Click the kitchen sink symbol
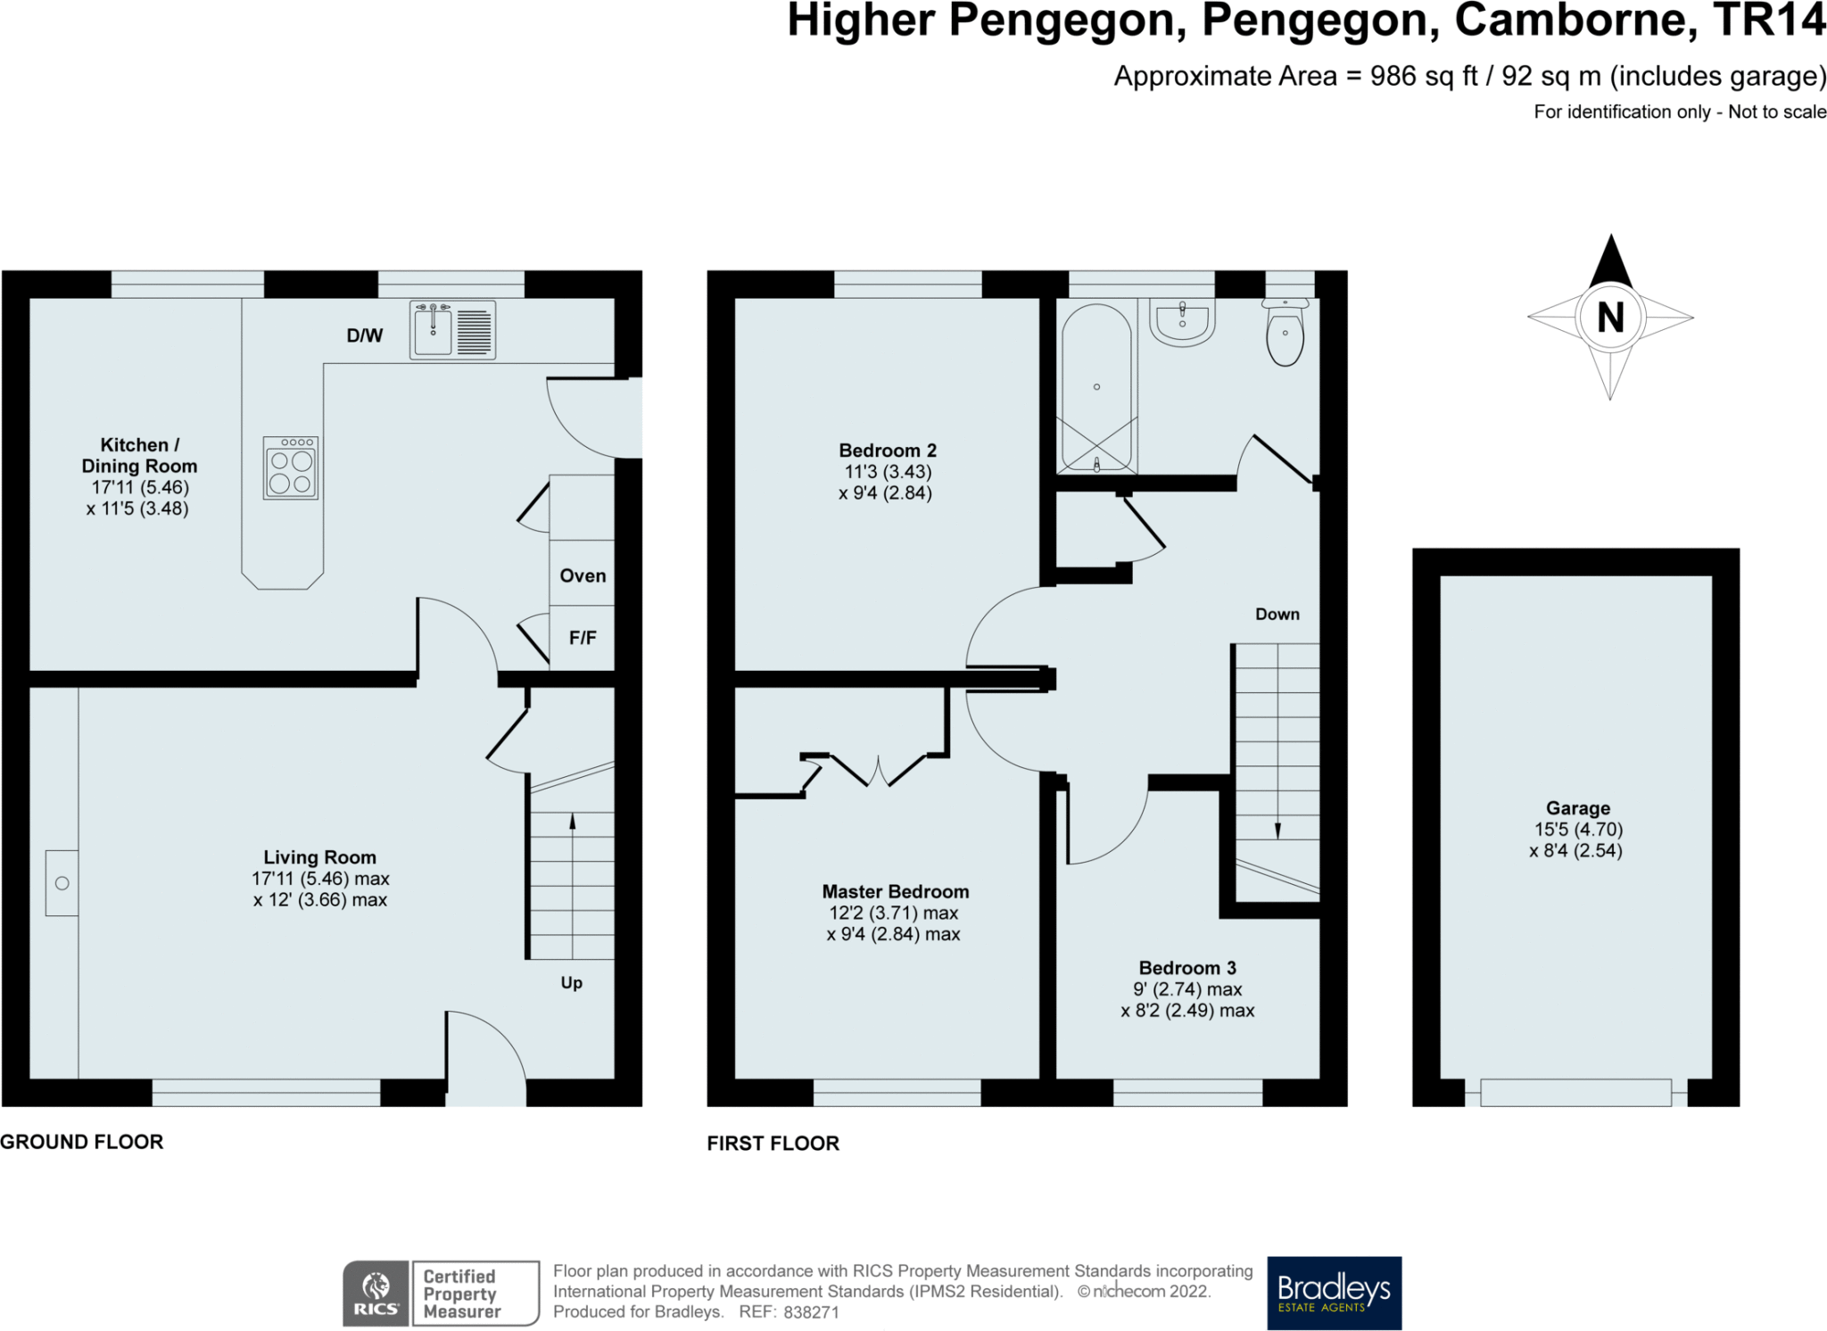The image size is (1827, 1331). tap(452, 330)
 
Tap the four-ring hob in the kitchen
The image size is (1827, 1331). tap(291, 467)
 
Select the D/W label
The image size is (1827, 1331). tap(365, 335)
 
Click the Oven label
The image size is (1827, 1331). tap(583, 575)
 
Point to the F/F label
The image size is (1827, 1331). tap(583, 637)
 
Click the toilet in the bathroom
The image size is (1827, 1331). tap(1286, 332)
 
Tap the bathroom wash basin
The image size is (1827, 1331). tap(1183, 322)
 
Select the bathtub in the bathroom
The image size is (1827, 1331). tap(1096, 389)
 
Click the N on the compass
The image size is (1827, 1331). tap(1610, 318)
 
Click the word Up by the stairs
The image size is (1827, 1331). tap(571, 983)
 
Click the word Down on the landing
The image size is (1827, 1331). tap(1277, 614)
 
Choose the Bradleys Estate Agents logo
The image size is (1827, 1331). tap(1335, 1293)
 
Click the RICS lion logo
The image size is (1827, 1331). tap(376, 1293)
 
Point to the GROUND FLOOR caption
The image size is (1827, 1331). tap(82, 1142)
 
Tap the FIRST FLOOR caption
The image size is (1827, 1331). tap(773, 1144)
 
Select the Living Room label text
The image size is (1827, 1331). tap(320, 857)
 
